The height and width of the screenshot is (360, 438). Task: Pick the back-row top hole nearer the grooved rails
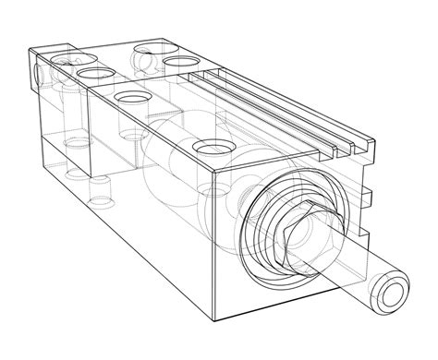pyautogui.click(x=177, y=62)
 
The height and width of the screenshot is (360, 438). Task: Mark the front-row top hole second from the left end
pyautogui.click(x=93, y=71)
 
